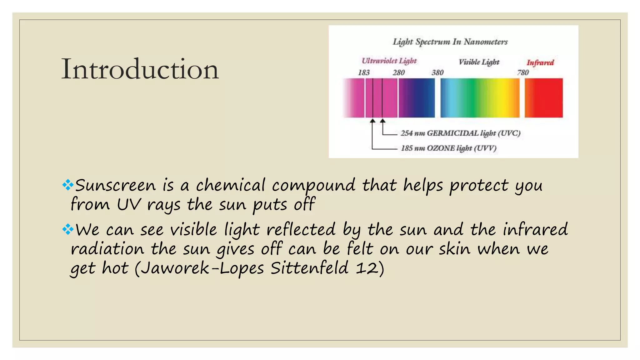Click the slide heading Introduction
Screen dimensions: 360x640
[x=140, y=69]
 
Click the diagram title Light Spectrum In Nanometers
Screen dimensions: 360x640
[x=450, y=42]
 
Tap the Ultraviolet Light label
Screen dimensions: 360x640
[x=389, y=61]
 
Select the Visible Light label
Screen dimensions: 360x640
[x=479, y=62]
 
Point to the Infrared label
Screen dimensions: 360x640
[x=540, y=62]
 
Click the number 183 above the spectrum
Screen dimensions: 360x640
[x=364, y=72]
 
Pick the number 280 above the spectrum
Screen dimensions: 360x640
[x=399, y=72]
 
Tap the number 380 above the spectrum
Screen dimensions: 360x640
[x=437, y=72]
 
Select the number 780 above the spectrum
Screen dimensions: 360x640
[x=523, y=72]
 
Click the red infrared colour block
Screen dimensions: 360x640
[x=544, y=98]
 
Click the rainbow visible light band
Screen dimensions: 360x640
[x=480, y=98]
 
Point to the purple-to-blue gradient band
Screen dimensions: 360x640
[x=417, y=98]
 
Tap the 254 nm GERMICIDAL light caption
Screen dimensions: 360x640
[x=460, y=133]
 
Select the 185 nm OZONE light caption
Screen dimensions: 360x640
[x=449, y=148]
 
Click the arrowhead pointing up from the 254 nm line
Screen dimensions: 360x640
[x=382, y=121]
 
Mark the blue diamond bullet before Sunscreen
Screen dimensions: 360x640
[x=67, y=185]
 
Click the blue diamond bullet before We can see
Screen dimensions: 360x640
[x=67, y=230]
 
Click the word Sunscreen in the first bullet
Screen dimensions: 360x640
[x=115, y=185]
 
